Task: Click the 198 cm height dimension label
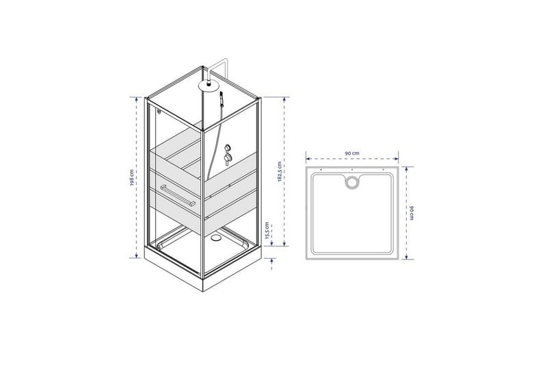(x=132, y=178)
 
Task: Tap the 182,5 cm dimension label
(x=280, y=171)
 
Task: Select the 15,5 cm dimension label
(x=267, y=231)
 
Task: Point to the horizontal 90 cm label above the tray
(x=352, y=153)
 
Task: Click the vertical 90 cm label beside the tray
(x=412, y=213)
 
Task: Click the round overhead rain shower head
(x=208, y=84)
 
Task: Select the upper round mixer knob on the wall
(x=228, y=147)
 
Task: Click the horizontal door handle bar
(x=178, y=196)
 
